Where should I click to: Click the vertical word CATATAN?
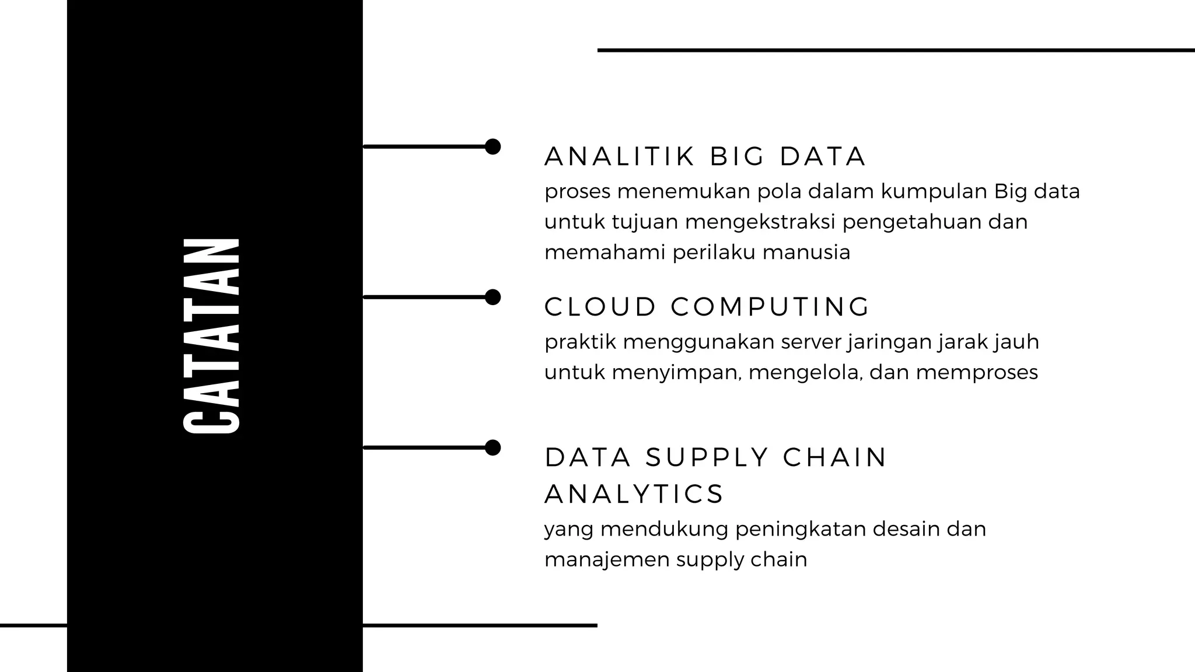point(212,335)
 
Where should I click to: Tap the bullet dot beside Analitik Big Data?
point(493,146)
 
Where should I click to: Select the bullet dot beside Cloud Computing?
point(493,297)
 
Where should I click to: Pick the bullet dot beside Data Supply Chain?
point(493,447)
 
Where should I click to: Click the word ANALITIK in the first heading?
point(620,156)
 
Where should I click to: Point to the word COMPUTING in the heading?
point(770,307)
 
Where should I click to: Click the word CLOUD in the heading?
point(600,307)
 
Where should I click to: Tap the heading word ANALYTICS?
point(634,494)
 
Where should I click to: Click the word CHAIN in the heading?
point(834,457)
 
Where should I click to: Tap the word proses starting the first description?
point(577,192)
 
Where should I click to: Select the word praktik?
point(580,342)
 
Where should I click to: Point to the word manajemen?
point(607,559)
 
